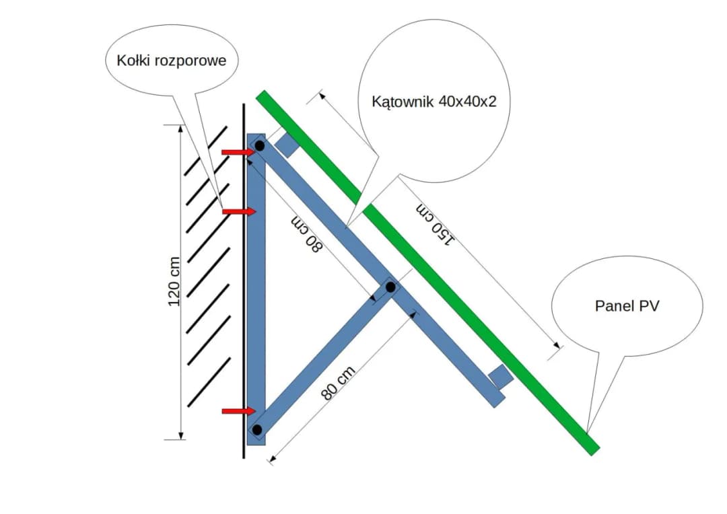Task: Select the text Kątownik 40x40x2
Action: click(434, 102)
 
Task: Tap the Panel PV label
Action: click(627, 305)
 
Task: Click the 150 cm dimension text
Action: click(436, 223)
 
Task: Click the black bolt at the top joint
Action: click(259, 146)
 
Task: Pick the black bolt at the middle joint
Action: click(390, 287)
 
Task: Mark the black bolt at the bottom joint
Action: click(257, 429)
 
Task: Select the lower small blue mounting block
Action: click(500, 377)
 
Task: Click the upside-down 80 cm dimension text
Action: click(308, 235)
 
